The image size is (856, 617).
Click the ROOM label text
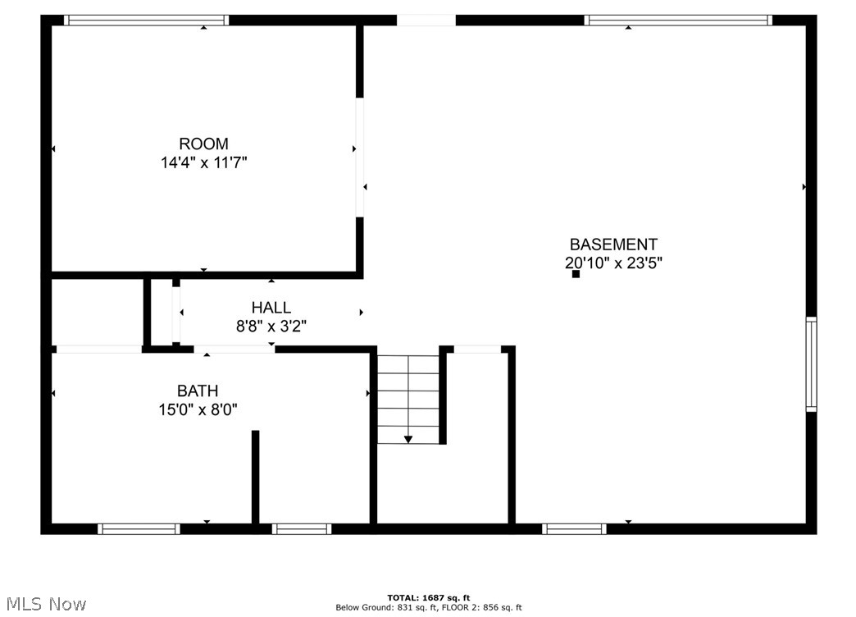coord(203,144)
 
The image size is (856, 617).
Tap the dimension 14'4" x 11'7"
coord(203,163)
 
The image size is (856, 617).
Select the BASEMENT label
coord(613,245)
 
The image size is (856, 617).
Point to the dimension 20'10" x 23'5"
coord(613,263)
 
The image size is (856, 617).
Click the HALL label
coord(271,308)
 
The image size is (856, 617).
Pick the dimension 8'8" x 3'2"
coord(271,327)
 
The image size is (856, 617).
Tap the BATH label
coord(198,391)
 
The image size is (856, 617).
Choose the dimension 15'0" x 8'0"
coord(198,409)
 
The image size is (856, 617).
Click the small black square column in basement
coord(576,274)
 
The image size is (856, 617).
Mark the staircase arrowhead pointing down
coord(408,440)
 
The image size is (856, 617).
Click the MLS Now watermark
coord(44,604)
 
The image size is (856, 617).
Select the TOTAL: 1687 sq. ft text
coord(429,597)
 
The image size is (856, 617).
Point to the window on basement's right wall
coord(811,363)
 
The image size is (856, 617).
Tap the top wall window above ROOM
coord(147,21)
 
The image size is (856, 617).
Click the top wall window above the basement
coord(678,21)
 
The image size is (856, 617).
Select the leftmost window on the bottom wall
coord(139,529)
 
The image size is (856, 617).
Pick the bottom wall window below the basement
coord(574,529)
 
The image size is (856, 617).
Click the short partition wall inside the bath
coord(255,476)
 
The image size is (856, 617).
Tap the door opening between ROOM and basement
coord(359,157)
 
